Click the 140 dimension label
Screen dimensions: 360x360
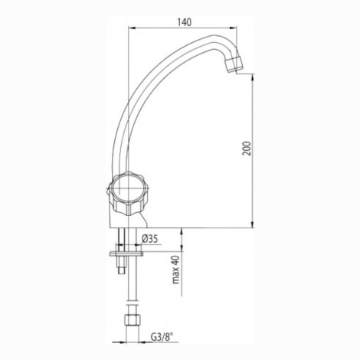tap(184, 22)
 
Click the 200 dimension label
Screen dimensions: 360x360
tap(247, 148)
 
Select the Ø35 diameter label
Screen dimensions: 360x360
tap(150, 239)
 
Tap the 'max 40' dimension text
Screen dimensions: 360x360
tap(176, 270)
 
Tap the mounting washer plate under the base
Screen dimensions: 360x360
tap(126, 254)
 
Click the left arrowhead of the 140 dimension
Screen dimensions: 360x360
tap(131, 28)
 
